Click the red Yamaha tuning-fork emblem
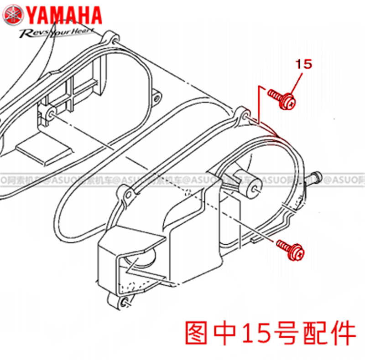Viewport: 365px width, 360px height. tap(13, 15)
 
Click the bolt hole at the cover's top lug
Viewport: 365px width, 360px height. tap(245, 114)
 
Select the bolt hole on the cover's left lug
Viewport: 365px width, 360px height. tap(127, 195)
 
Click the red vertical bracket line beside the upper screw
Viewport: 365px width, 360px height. tap(260, 105)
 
